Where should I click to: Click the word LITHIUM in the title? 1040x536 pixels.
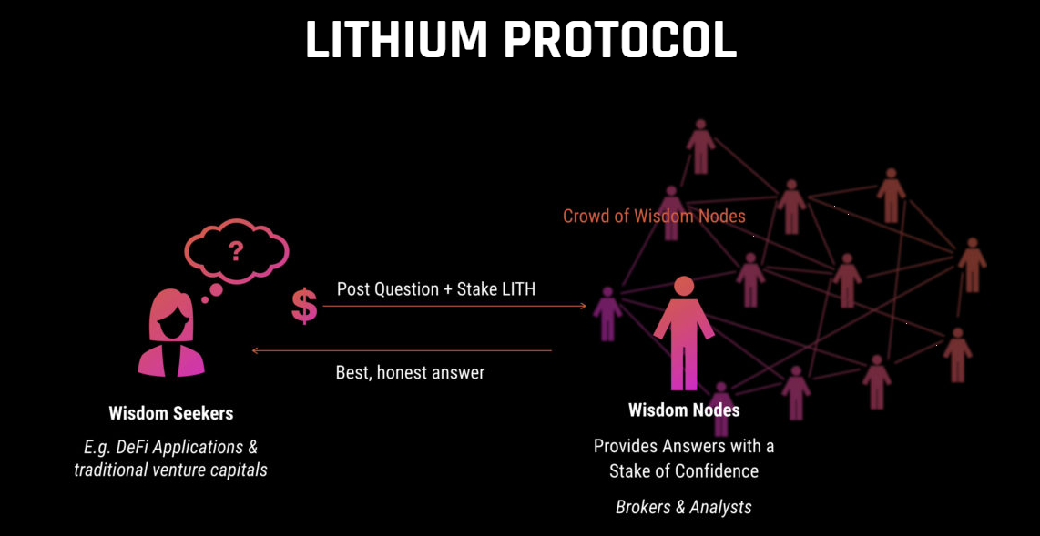click(x=397, y=39)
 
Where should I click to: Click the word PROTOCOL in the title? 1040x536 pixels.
click(x=619, y=39)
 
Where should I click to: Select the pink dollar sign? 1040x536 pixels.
click(x=304, y=306)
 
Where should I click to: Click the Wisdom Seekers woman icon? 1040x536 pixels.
click(x=170, y=333)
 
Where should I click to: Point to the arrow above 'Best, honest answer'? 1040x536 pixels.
click(x=402, y=350)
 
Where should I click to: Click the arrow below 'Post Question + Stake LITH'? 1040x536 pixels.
click(x=454, y=307)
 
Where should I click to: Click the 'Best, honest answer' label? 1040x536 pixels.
click(x=410, y=372)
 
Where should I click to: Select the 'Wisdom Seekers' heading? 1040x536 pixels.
click(x=171, y=413)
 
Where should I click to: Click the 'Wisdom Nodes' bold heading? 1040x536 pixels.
click(x=684, y=410)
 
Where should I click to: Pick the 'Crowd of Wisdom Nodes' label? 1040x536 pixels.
click(x=654, y=216)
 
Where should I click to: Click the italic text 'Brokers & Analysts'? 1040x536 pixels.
click(x=684, y=507)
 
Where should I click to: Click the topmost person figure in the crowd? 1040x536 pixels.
click(x=700, y=146)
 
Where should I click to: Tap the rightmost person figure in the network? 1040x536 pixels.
click(x=973, y=264)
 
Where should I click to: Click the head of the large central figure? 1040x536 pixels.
click(x=684, y=286)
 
